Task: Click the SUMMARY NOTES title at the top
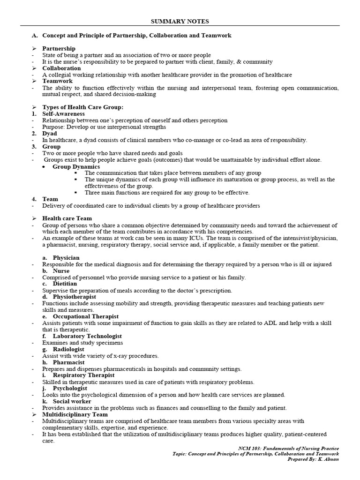click(x=180, y=22)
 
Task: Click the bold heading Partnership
click(x=59, y=49)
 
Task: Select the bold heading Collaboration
click(x=61, y=68)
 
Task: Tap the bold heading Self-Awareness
click(x=63, y=114)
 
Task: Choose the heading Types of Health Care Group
click(x=82, y=107)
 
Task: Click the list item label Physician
click(x=66, y=258)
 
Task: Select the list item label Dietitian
click(x=65, y=284)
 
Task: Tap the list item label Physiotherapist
click(x=74, y=297)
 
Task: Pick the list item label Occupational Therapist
click(x=85, y=317)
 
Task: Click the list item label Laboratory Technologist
click(x=87, y=336)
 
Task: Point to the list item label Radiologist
click(x=68, y=349)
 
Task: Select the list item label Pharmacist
click(x=68, y=362)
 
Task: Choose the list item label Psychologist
click(x=70, y=389)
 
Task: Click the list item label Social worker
click(x=72, y=402)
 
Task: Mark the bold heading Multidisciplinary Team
click(x=75, y=415)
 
